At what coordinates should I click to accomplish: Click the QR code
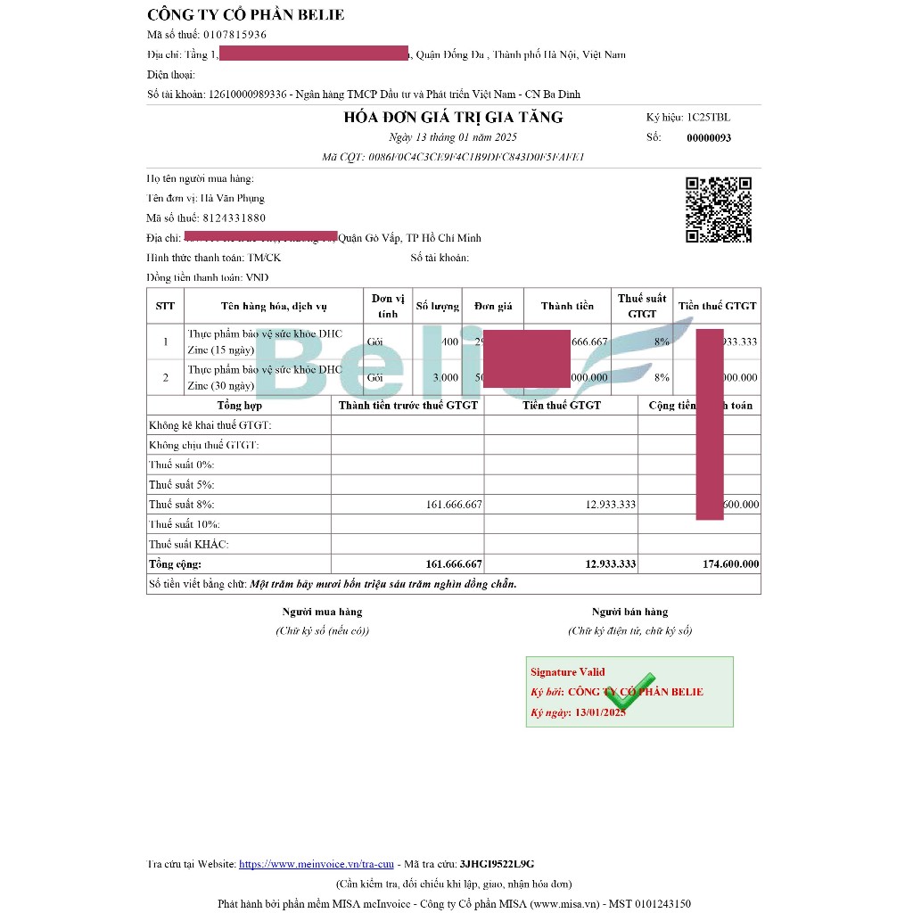718,210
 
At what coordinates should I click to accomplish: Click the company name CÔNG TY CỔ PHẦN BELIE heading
245,14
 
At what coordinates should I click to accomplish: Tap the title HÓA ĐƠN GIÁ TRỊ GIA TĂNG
453,118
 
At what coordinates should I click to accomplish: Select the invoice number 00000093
709,138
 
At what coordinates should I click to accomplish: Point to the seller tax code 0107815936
234,35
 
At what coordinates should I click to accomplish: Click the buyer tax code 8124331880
234,218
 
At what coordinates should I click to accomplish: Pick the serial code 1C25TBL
708,117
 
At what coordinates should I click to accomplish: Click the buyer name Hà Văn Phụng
232,199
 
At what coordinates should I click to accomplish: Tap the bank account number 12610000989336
248,94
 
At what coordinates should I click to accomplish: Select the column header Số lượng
437,306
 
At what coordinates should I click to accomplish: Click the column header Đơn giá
492,306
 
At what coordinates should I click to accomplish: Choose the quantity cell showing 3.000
445,377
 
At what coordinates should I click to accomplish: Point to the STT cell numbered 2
165,377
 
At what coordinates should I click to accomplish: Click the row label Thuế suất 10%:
185,524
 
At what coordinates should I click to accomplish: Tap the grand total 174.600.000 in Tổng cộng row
730,563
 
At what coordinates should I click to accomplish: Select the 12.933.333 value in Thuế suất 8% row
611,505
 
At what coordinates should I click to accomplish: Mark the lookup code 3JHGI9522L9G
497,864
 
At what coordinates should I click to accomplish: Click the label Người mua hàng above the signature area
322,612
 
